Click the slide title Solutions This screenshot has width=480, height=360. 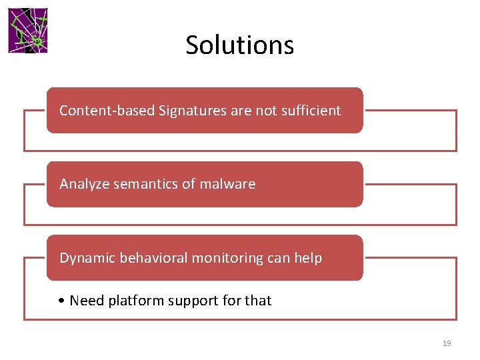point(239,45)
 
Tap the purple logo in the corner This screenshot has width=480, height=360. point(28,31)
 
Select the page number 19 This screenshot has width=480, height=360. point(447,343)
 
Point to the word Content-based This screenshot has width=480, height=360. point(107,111)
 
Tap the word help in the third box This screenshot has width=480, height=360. point(307,258)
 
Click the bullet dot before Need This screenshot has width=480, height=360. point(61,301)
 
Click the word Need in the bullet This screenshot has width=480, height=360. point(86,301)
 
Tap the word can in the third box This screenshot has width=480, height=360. point(278,259)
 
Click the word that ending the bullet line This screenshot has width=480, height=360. point(258,301)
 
